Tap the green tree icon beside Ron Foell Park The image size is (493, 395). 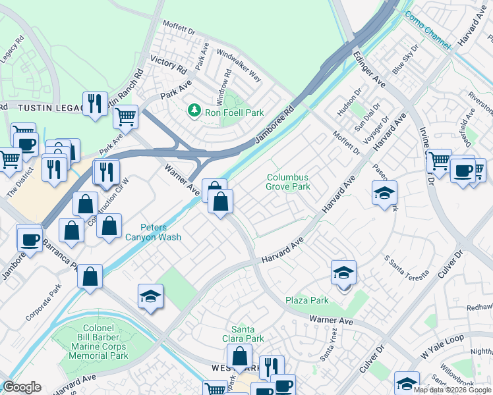tap(194, 110)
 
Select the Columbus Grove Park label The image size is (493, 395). tap(288, 182)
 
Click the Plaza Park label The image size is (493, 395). tap(306, 301)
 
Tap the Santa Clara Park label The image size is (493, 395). tap(247, 334)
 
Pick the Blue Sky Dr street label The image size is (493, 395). tap(405, 59)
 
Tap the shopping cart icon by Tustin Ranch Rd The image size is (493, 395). tap(125, 117)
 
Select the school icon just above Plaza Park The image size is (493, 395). tap(343, 273)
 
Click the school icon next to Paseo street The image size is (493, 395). tap(384, 193)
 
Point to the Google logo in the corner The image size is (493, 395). tap(22, 387)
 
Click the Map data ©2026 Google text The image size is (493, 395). tap(452, 390)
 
